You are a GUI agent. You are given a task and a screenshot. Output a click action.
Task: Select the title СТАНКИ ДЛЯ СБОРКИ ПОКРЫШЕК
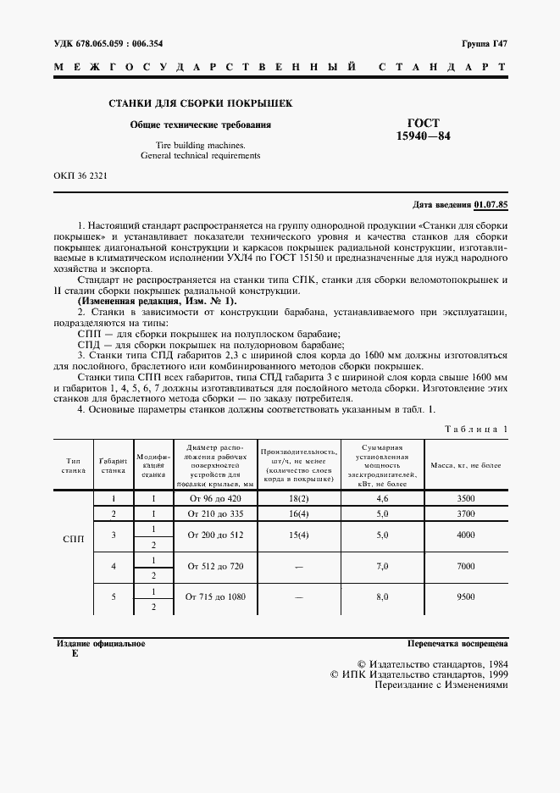pos(200,104)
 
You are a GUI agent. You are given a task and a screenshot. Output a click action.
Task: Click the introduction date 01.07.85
pos(491,204)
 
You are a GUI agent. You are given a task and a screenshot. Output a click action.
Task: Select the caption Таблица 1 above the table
pos(476,430)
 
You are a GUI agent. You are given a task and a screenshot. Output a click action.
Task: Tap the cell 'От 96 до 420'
pos(215,499)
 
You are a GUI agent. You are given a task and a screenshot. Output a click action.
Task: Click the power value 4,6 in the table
pos(381,499)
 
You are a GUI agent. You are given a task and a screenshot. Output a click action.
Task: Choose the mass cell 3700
pos(464,514)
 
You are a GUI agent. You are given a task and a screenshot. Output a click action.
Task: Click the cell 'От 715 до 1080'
pos(215,596)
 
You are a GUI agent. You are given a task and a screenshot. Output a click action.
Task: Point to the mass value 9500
pos(464,596)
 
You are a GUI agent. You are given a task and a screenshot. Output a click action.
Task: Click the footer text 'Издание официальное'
pos(99,644)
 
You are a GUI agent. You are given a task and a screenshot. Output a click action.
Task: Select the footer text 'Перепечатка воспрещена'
pos(457,644)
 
